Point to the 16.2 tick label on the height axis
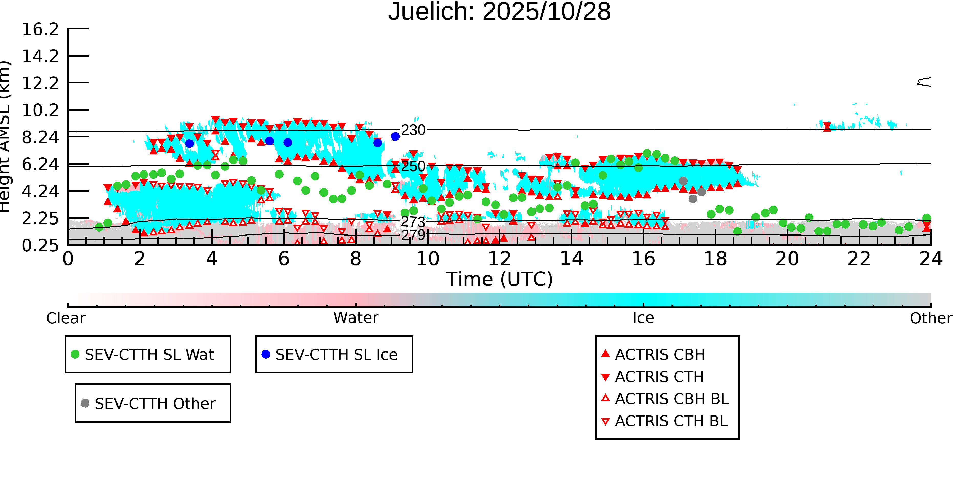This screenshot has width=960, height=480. tap(40, 29)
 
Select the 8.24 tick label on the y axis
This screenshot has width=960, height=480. tap(40, 137)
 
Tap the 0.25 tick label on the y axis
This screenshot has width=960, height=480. tap(40, 246)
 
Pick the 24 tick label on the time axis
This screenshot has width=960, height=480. tap(931, 259)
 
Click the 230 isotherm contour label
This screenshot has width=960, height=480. tap(413, 130)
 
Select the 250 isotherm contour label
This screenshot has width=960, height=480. tap(413, 166)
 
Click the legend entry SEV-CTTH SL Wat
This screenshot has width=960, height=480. tap(149, 354)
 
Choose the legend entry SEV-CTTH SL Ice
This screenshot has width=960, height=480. tap(336, 354)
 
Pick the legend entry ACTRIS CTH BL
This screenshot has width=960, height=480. tap(671, 421)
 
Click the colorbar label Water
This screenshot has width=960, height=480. tap(356, 318)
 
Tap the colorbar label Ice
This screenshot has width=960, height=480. tap(643, 318)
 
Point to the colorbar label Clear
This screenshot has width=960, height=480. tap(66, 318)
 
